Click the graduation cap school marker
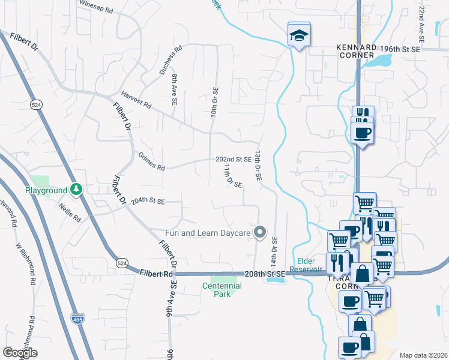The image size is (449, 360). pos(298,35)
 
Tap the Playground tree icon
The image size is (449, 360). pos(76,190)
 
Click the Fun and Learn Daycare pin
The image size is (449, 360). pos(260,231)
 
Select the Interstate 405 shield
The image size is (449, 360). pos(77,319)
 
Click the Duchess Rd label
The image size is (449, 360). pos(170,61)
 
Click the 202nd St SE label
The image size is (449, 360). pos(234,159)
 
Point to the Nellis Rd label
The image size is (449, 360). pos(70,212)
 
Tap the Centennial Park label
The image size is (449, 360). pos(221,290)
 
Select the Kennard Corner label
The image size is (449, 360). pos(356,51)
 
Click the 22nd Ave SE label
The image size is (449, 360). pos(423,23)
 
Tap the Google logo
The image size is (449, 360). pos(20,353)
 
